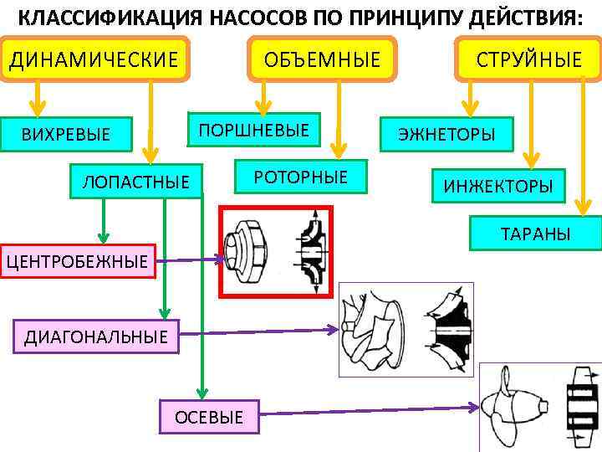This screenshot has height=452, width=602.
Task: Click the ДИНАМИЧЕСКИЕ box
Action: tap(94, 59)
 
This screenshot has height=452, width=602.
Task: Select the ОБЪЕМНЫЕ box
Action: tap(322, 59)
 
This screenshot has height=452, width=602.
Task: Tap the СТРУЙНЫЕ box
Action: tap(528, 59)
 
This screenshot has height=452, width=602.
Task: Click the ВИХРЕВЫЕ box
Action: tap(66, 134)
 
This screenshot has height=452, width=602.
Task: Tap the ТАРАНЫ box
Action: tap(535, 234)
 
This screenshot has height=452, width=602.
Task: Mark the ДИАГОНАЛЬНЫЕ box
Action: tap(96, 336)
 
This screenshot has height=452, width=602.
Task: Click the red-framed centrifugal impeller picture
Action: tap(276, 251)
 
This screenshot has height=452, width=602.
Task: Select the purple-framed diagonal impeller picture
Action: tap(406, 329)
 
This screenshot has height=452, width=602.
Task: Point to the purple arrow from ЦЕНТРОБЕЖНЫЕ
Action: tap(188, 260)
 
